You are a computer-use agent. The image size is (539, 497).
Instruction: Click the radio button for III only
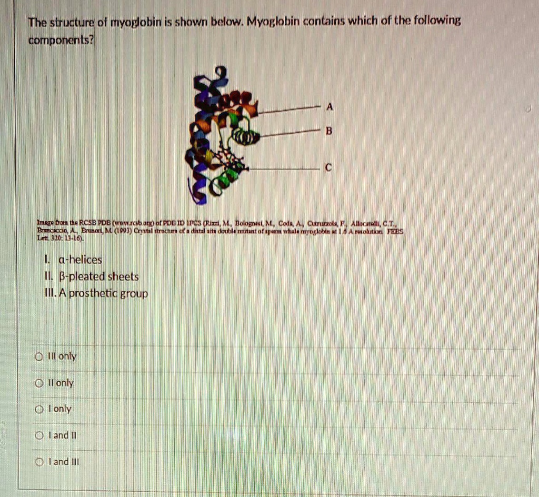tap(38, 357)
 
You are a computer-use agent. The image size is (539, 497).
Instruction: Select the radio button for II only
tap(38, 383)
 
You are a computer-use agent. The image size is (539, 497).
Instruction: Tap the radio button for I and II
tap(38, 435)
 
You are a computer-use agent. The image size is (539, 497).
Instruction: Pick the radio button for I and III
tap(38, 462)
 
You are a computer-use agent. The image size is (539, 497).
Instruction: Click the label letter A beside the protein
tap(330, 106)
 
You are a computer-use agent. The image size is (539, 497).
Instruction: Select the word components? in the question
tap(61, 40)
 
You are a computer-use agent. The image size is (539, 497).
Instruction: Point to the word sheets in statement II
tap(123, 276)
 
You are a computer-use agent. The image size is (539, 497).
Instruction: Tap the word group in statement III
tap(134, 294)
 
